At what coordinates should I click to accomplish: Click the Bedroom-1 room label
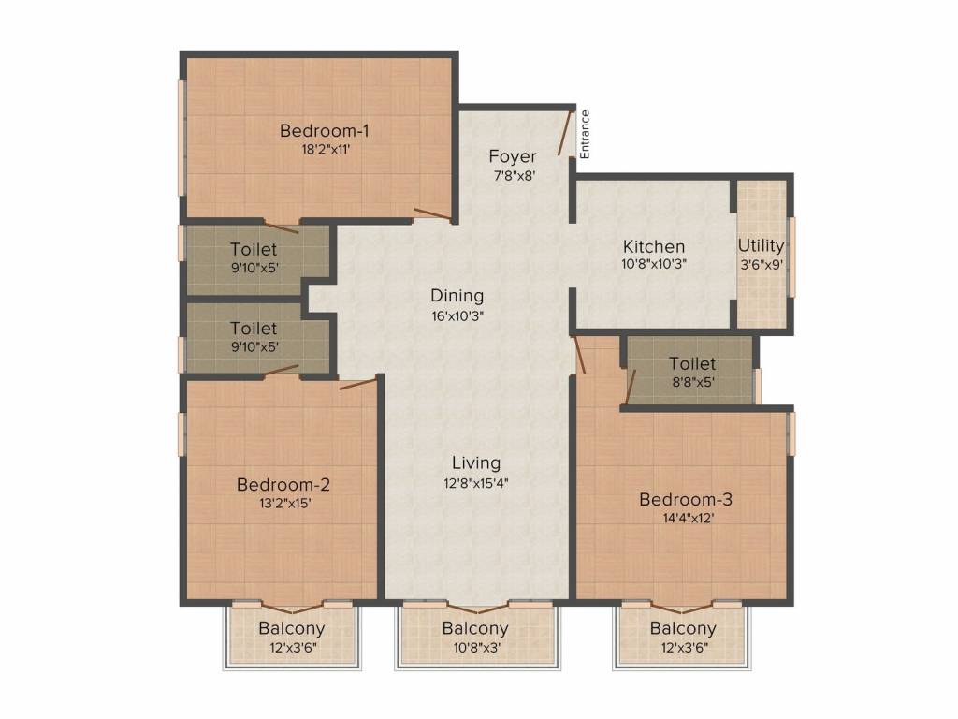point(324,130)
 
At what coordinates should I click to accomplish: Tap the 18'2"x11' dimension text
point(326,149)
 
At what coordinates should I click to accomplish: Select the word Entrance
point(585,135)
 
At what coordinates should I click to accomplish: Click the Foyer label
point(513,157)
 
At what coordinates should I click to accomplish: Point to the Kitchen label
point(654,246)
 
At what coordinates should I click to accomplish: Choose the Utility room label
point(761,246)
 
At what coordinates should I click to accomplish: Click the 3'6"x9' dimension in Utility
point(762,265)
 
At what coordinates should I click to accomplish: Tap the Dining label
point(457,296)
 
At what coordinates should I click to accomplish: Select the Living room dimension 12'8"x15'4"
point(476,483)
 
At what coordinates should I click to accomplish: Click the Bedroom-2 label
point(283,485)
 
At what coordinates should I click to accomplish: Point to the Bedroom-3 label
point(686,500)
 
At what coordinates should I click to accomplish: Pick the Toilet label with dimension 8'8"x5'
point(692,364)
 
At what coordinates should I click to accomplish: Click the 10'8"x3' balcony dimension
point(475,648)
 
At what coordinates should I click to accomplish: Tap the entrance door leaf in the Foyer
point(565,133)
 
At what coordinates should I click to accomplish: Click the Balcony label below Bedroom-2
point(292,628)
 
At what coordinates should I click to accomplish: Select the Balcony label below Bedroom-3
point(682,628)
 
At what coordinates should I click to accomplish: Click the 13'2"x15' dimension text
point(285,504)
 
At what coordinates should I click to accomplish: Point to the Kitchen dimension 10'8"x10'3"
point(654,265)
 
